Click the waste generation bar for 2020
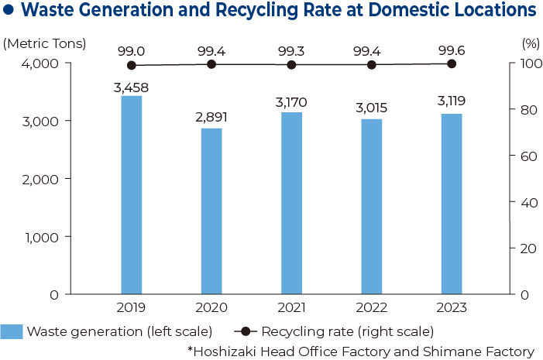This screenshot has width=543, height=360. tap(211, 211)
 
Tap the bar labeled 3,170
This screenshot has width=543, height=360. tap(291, 203)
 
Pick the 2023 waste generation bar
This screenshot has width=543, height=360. tap(452, 204)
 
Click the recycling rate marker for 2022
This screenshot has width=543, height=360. tap(372, 65)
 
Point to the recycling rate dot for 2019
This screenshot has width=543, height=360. tap(131, 66)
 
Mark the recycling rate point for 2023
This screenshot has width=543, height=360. tap(452, 63)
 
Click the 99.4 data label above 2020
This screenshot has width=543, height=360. tap(211, 51)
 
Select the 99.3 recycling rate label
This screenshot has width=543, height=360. tap(291, 51)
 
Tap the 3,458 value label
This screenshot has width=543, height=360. tap(131, 87)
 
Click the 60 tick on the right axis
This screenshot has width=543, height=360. tap(527, 156)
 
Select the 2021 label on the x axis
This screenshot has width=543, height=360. tap(291, 308)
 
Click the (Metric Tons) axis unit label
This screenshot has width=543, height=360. tap(45, 44)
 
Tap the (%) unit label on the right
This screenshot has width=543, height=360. tap(530, 44)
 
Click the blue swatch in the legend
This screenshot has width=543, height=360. tap(12, 331)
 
